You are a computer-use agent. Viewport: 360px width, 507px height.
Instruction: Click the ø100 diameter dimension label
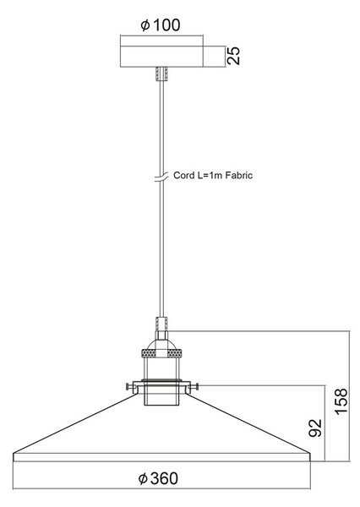pyautogui.click(x=161, y=25)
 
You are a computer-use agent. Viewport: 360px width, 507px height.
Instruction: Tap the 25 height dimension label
pyautogui.click(x=233, y=56)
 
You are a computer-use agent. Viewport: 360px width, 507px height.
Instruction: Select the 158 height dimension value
pyautogui.click(x=341, y=401)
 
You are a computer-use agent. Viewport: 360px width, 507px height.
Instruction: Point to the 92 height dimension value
pyautogui.click(x=315, y=428)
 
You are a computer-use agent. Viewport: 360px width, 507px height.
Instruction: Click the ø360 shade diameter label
pyautogui.click(x=158, y=478)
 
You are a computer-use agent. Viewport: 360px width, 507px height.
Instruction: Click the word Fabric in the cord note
pyautogui.click(x=239, y=175)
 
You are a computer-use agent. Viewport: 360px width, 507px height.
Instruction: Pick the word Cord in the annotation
pyautogui.click(x=184, y=175)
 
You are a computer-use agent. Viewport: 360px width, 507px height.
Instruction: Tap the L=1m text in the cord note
pyautogui.click(x=210, y=175)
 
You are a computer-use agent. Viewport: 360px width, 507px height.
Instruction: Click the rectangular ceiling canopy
pyautogui.click(x=161, y=57)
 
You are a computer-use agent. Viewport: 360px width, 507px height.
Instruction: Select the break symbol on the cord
pyautogui.click(x=161, y=177)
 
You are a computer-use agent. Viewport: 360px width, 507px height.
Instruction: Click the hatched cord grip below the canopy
pyautogui.click(x=161, y=74)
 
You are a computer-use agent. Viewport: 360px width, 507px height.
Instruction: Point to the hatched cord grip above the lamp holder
pyautogui.click(x=161, y=324)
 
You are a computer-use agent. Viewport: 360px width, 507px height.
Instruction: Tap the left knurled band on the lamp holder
pyautogui.click(x=149, y=353)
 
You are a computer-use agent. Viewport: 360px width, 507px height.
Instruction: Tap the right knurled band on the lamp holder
pyautogui.click(x=174, y=353)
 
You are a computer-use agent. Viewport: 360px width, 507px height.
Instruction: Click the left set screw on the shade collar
pyautogui.click(x=130, y=386)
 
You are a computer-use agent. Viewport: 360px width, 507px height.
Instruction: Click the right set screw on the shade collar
pyautogui.click(x=193, y=386)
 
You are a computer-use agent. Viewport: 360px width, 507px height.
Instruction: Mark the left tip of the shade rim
pyautogui.click(x=14, y=454)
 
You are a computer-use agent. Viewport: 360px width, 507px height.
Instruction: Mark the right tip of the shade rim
pyautogui.click(x=310, y=454)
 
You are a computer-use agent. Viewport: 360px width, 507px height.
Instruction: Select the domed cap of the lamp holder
pyautogui.click(x=161, y=345)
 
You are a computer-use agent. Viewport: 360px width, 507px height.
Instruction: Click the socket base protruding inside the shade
pyautogui.click(x=161, y=394)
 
